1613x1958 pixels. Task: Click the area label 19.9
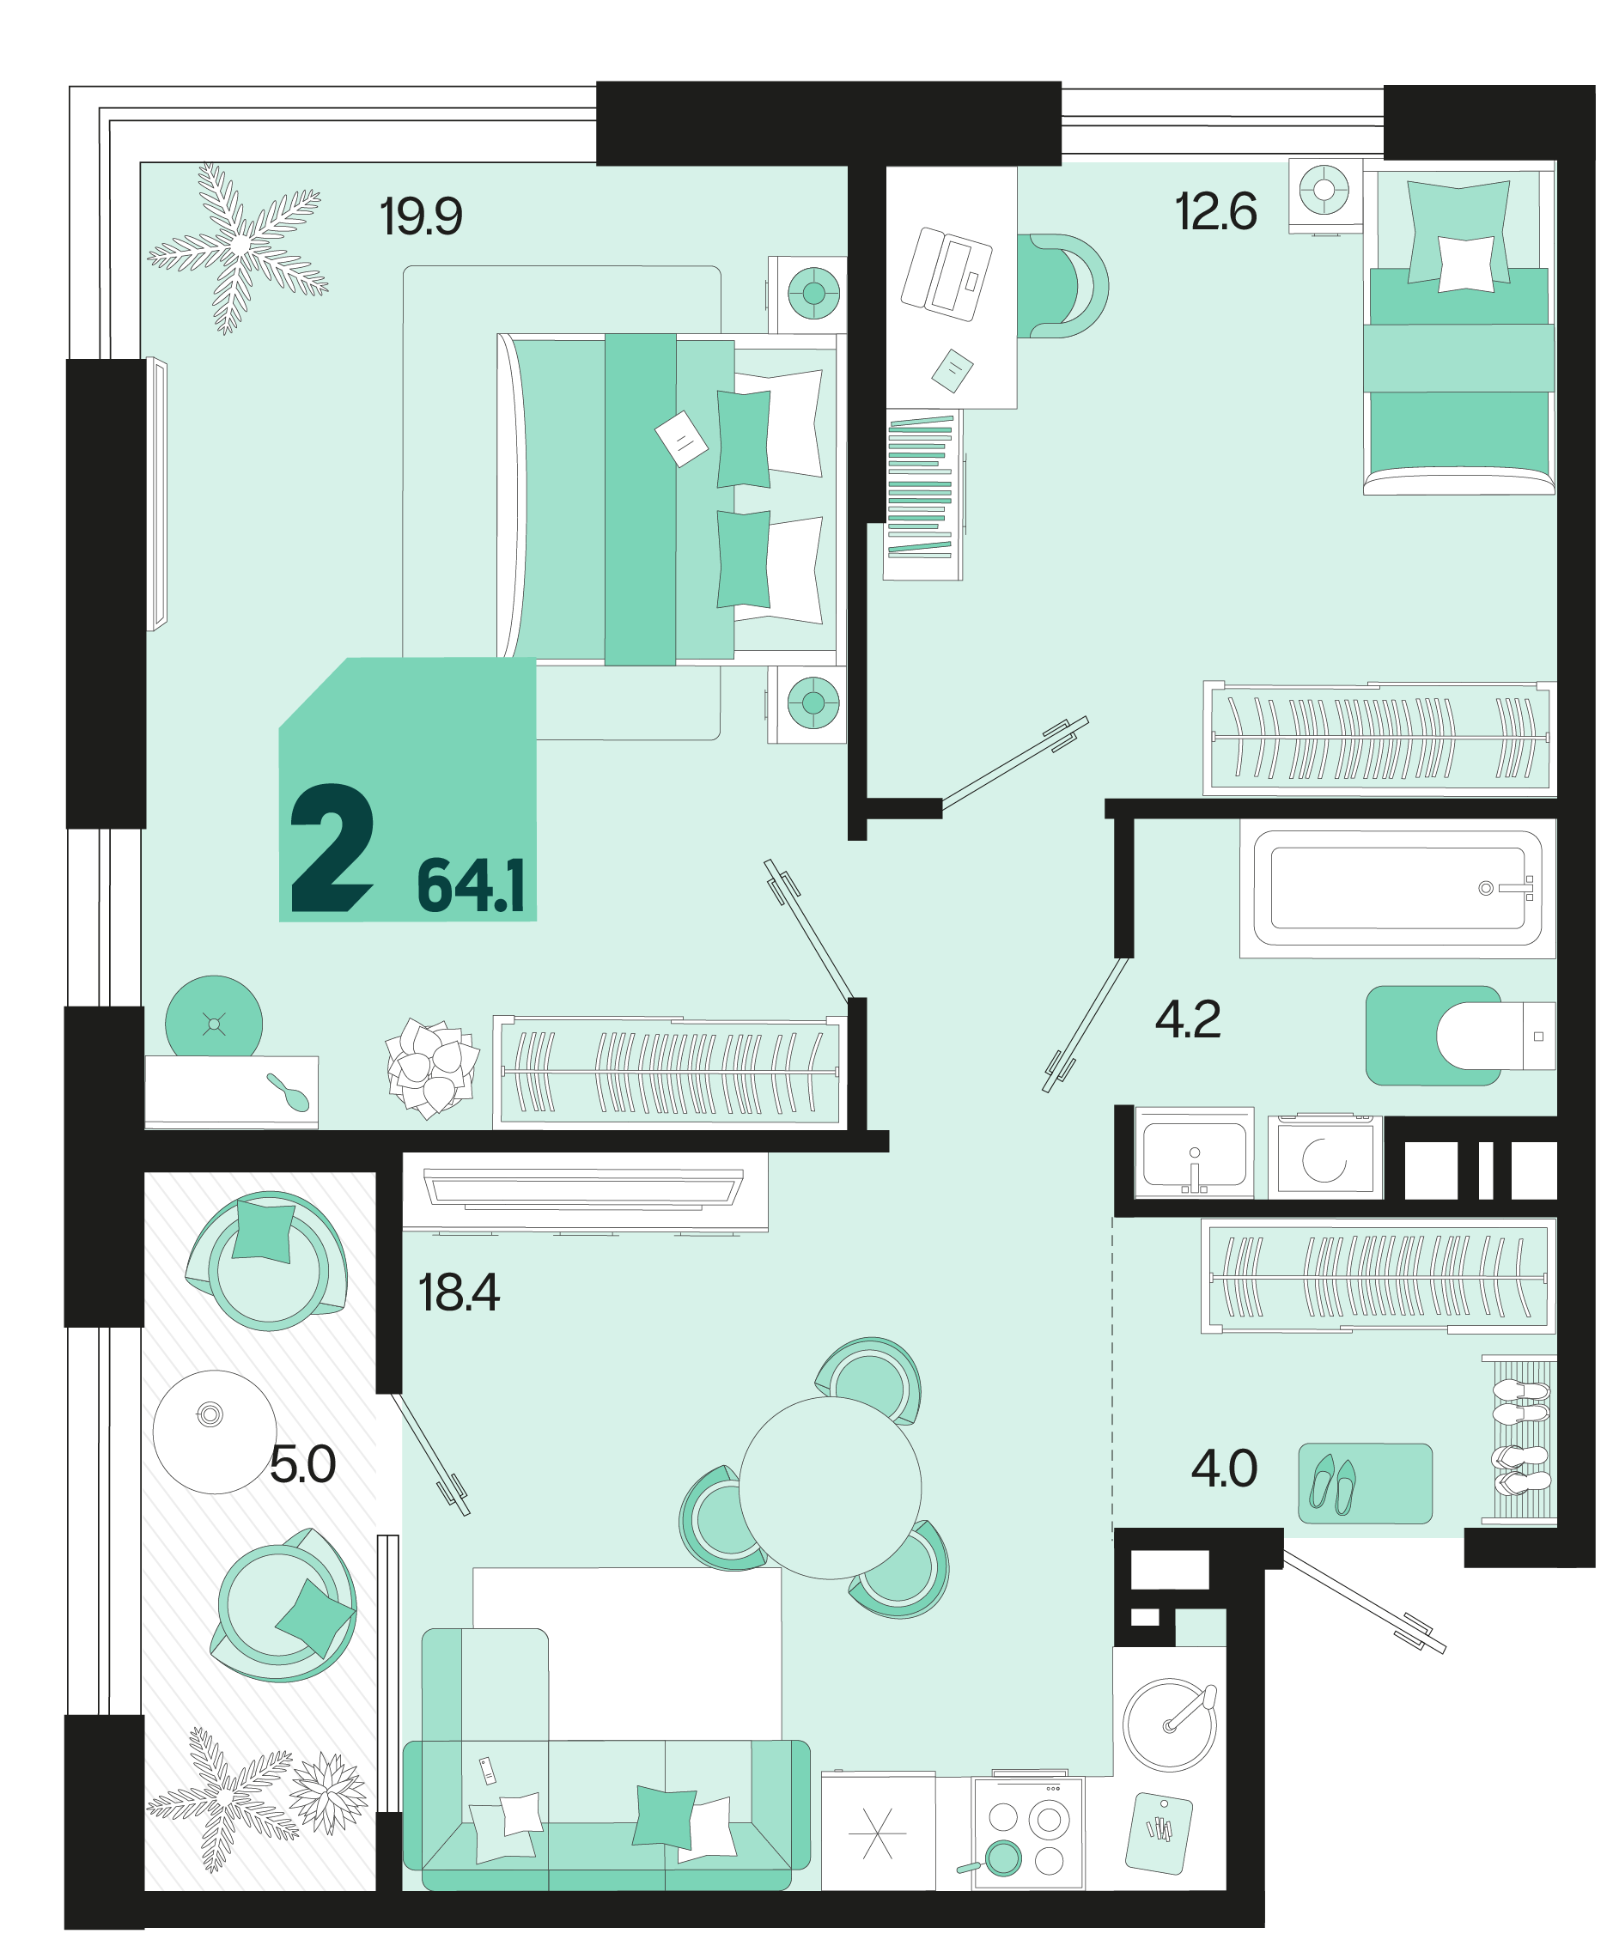[421, 216]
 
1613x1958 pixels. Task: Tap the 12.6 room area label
[1215, 212]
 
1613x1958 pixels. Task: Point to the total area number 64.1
[471, 886]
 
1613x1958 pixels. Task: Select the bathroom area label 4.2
[1188, 1020]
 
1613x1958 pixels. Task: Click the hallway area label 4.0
[1224, 1468]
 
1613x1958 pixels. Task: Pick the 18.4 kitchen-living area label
[459, 1293]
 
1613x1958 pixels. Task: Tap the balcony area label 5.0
[302, 1465]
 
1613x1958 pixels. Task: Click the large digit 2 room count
[332, 847]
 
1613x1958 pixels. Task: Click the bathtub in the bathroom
[1397, 888]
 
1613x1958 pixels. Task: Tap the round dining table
[830, 1488]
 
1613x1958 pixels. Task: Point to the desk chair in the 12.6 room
[1062, 286]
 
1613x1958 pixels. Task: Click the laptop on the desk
[946, 274]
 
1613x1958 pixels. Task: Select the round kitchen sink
[1169, 1725]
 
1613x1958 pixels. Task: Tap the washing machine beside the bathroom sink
[1325, 1157]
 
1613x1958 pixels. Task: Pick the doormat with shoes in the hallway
[1365, 1483]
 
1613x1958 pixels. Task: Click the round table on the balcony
[215, 1432]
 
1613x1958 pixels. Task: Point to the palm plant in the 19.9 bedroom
[238, 247]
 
